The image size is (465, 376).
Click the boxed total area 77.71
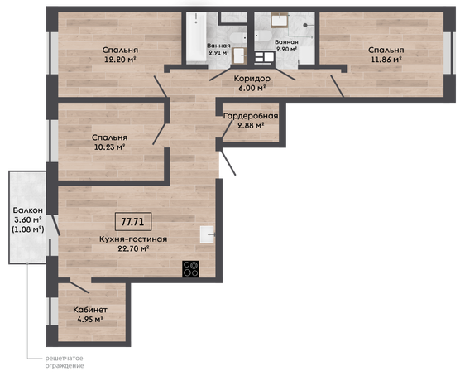pos(133,222)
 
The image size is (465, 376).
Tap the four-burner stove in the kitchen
pos(190,269)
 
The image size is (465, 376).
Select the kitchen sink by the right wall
pos(207,234)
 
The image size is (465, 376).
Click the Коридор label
pos(252,79)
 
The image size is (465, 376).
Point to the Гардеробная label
pos(251,116)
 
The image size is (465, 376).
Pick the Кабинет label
pos(90,310)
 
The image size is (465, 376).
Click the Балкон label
pos(28,210)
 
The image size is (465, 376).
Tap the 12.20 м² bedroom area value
pos(120,60)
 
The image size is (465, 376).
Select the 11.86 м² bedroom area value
pos(386,60)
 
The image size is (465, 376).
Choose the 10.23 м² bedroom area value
pos(109,147)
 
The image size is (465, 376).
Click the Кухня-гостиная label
pos(133,239)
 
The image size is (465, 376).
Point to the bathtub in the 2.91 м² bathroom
pos(196,37)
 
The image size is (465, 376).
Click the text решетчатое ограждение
pos(65,362)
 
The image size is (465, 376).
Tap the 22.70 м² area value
pos(133,248)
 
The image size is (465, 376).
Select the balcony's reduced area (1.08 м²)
pos(28,229)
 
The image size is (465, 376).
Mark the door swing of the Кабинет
pos(79,287)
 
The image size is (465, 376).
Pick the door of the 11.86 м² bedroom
pos(338,86)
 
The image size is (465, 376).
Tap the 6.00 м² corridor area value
pos(252,88)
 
